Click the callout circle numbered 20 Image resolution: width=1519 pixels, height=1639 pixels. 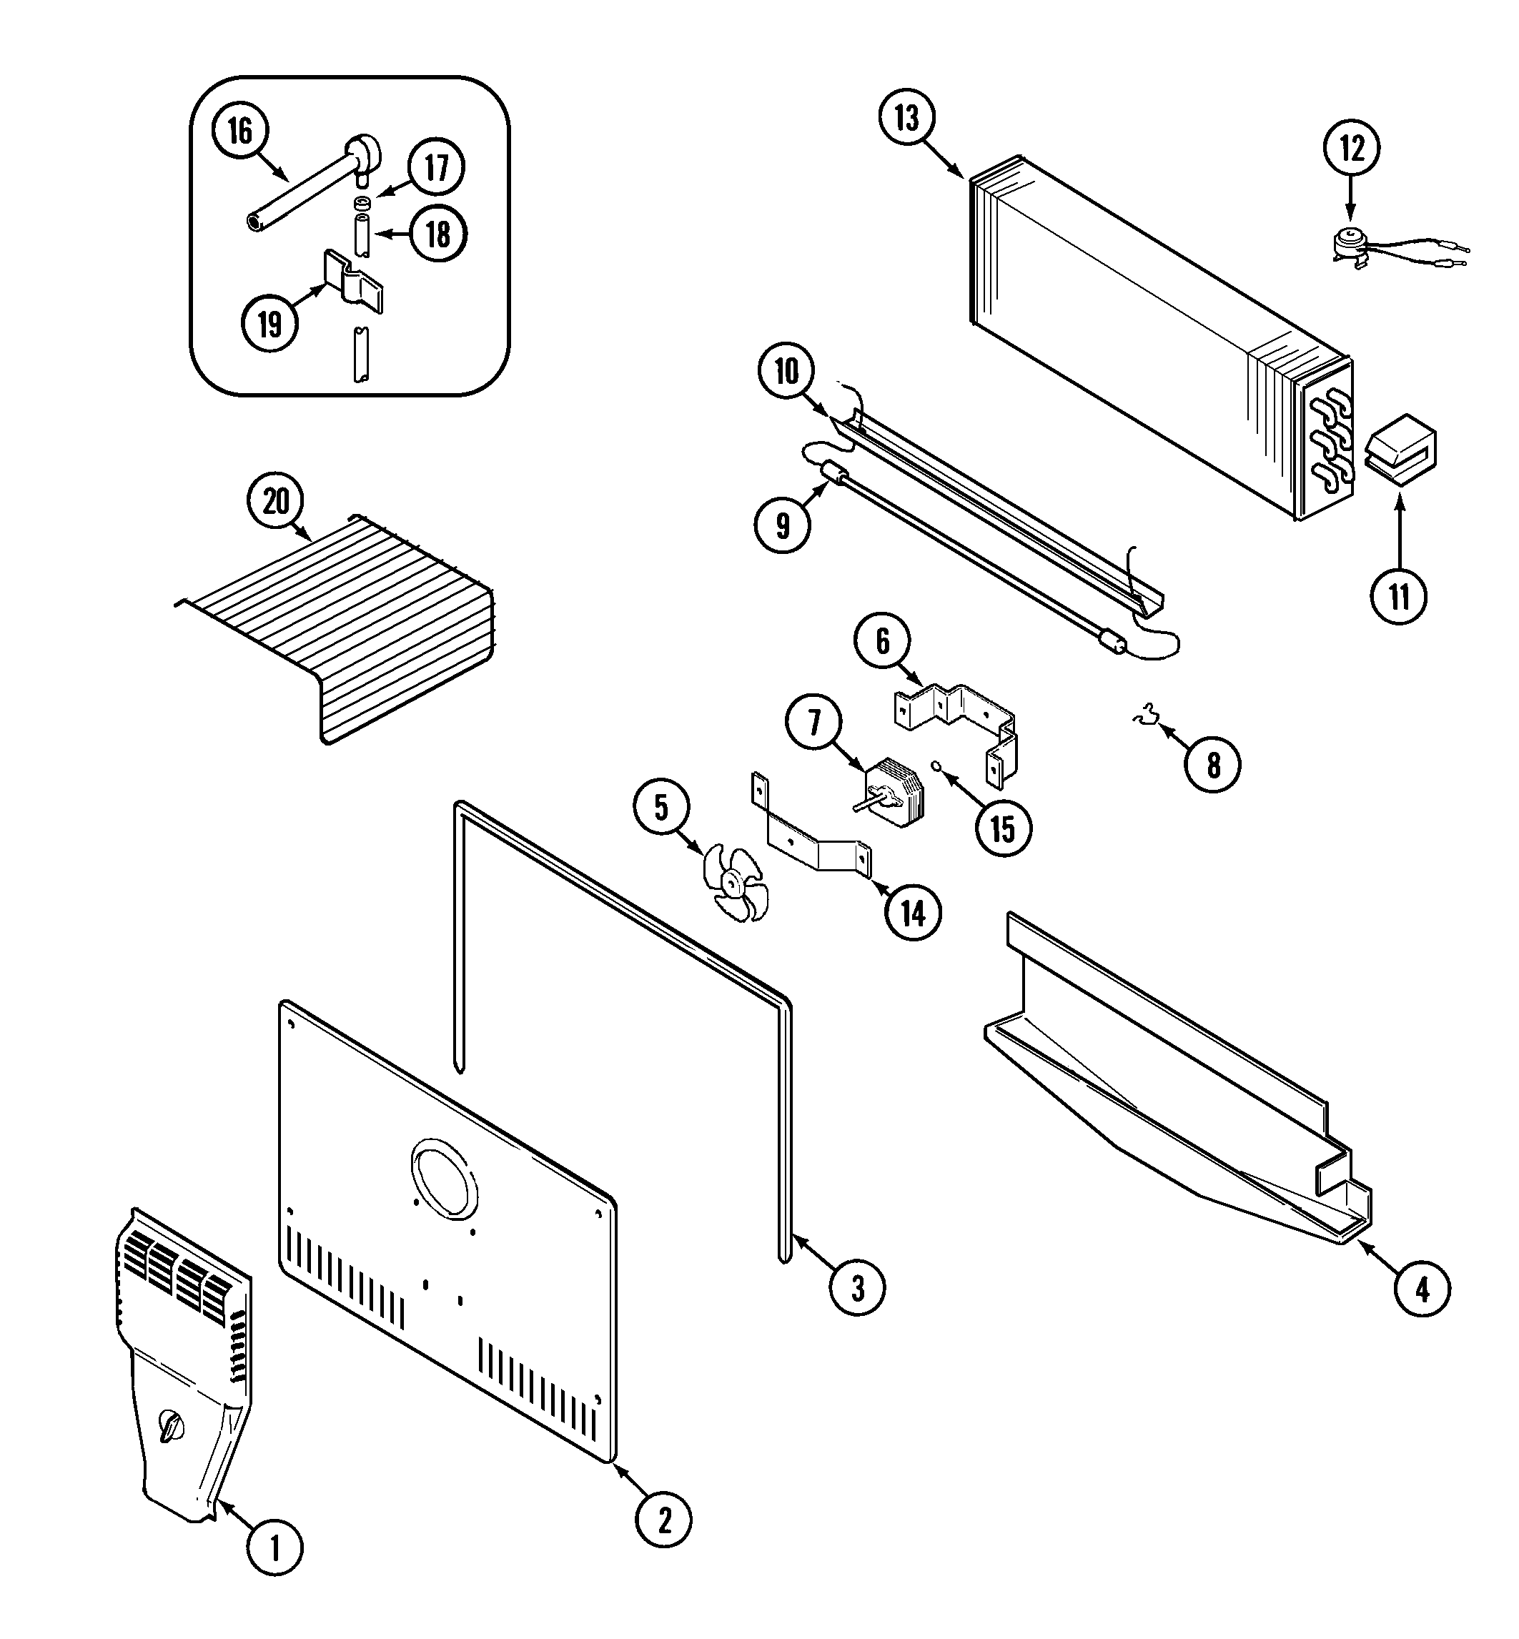pyautogui.click(x=275, y=500)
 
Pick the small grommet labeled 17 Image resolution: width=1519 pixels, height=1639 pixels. pyautogui.click(x=362, y=202)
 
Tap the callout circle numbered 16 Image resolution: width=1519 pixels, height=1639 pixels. pyautogui.click(x=240, y=131)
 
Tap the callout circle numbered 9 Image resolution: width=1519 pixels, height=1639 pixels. pyautogui.click(x=783, y=525)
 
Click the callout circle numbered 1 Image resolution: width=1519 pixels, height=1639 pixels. pyautogui.click(x=274, y=1549)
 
